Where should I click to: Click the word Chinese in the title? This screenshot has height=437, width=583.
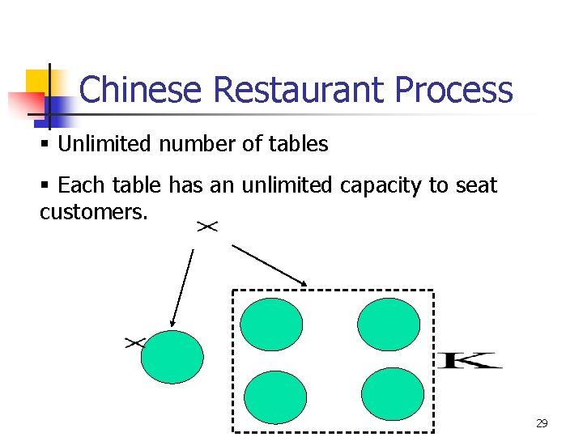[140, 90]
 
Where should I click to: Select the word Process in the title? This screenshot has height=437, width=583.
[453, 90]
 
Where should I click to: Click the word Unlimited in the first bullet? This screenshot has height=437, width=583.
[105, 145]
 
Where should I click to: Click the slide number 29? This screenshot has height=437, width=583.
[542, 423]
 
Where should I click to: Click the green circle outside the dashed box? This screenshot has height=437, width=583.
[172, 357]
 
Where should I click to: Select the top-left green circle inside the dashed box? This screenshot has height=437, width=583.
[271, 325]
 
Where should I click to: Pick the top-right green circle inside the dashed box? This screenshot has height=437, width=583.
[389, 325]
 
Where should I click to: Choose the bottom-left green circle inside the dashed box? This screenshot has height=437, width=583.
[275, 397]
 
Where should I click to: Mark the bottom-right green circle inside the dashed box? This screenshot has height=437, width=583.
[393, 394]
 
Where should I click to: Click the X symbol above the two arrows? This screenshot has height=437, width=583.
[207, 227]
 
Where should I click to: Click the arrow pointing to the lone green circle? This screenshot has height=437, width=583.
[182, 287]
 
